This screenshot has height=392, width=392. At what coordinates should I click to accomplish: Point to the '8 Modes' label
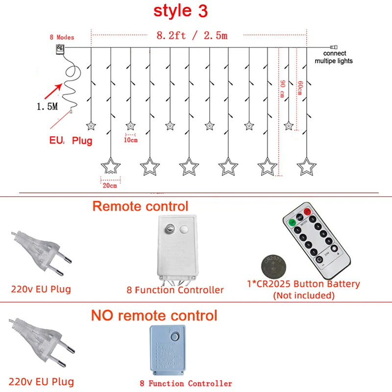tap(61, 37)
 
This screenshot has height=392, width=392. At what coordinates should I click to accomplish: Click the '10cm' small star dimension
tap(130, 140)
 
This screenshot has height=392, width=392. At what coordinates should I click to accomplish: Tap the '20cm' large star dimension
tap(110, 185)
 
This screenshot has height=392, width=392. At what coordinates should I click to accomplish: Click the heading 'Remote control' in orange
tap(140, 206)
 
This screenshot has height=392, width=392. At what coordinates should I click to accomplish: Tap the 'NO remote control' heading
tap(154, 315)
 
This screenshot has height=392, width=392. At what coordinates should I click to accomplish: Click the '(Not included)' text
tap(304, 295)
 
